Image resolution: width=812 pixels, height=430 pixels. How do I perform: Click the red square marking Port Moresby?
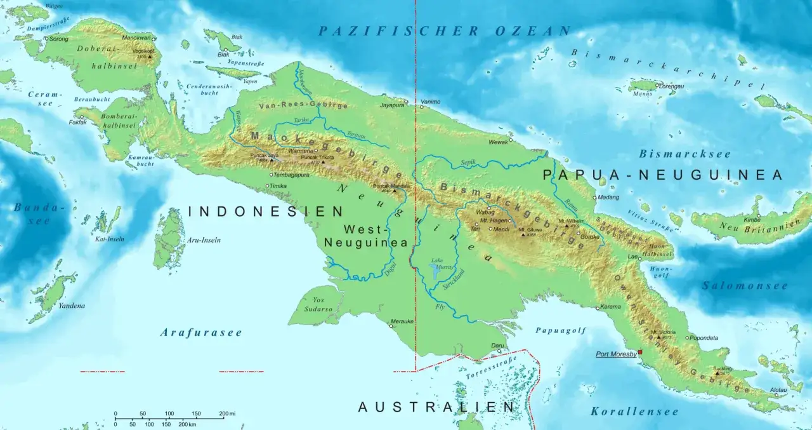coord(640,352)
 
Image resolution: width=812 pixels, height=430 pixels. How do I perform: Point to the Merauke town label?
coord(402,321)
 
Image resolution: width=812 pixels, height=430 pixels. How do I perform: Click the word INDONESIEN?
coord(266,212)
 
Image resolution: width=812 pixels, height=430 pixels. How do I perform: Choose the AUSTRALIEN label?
coord(436,407)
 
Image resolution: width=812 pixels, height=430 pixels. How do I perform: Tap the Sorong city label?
coord(59,39)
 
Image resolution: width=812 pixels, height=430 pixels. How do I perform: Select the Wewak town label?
coord(499,142)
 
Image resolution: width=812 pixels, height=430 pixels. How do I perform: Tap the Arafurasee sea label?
coord(201,332)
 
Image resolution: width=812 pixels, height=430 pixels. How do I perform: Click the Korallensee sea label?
coord(634,412)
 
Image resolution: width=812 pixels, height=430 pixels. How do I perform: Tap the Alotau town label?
coord(778,389)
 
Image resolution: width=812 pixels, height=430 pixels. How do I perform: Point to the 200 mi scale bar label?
coord(227,413)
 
